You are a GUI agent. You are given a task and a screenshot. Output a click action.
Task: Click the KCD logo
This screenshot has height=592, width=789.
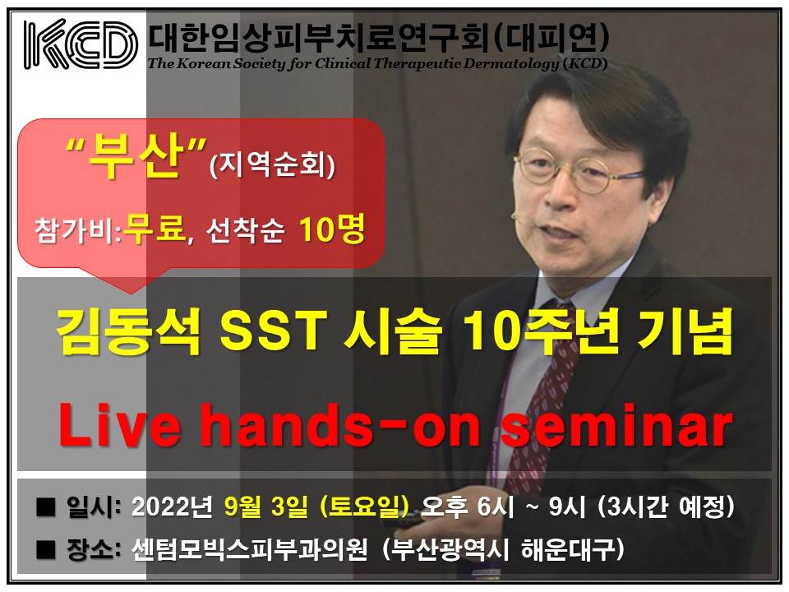(81, 44)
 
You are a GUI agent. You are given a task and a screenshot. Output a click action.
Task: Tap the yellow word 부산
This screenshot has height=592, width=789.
(135, 156)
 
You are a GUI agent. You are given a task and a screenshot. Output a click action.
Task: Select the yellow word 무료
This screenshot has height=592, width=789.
(155, 229)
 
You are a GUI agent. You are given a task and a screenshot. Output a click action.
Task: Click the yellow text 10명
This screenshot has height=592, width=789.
(331, 229)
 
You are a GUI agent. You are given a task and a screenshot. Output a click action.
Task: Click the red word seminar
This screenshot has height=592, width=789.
(616, 427)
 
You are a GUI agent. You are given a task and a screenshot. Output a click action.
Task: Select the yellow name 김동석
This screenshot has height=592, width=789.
(129, 331)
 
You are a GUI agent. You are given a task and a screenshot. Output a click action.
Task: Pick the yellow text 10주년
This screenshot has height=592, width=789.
(541, 331)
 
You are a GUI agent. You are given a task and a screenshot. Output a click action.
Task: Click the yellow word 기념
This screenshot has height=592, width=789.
(685, 331)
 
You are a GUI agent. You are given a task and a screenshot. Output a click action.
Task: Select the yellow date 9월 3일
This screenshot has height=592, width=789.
(266, 506)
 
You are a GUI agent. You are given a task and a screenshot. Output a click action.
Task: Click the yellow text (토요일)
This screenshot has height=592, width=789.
(364, 506)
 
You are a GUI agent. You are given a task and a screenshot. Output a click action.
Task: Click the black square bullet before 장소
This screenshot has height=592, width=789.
(45, 550)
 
